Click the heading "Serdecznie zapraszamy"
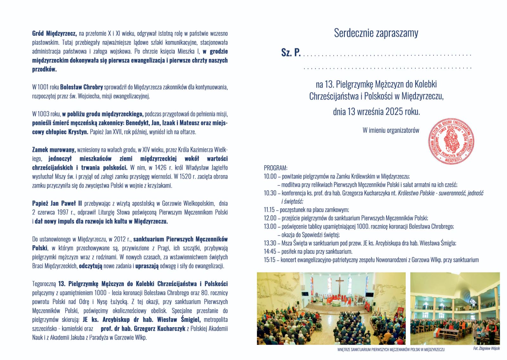click(x=376, y=33)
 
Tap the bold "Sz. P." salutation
click(x=291, y=53)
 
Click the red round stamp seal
click(x=451, y=141)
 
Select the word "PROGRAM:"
click(x=275, y=168)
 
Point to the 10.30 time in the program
click(x=270, y=193)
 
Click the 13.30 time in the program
click(x=270, y=243)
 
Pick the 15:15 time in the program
click(x=270, y=260)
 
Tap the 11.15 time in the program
click(x=270, y=210)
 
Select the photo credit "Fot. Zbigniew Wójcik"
click(x=486, y=349)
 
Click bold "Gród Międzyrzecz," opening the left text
click(x=54, y=33)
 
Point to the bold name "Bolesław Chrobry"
click(x=81, y=87)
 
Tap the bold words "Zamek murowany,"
click(x=54, y=150)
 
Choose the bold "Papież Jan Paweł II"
click(x=57, y=203)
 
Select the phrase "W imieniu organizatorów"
click(x=391, y=130)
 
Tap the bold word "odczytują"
click(x=91, y=266)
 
